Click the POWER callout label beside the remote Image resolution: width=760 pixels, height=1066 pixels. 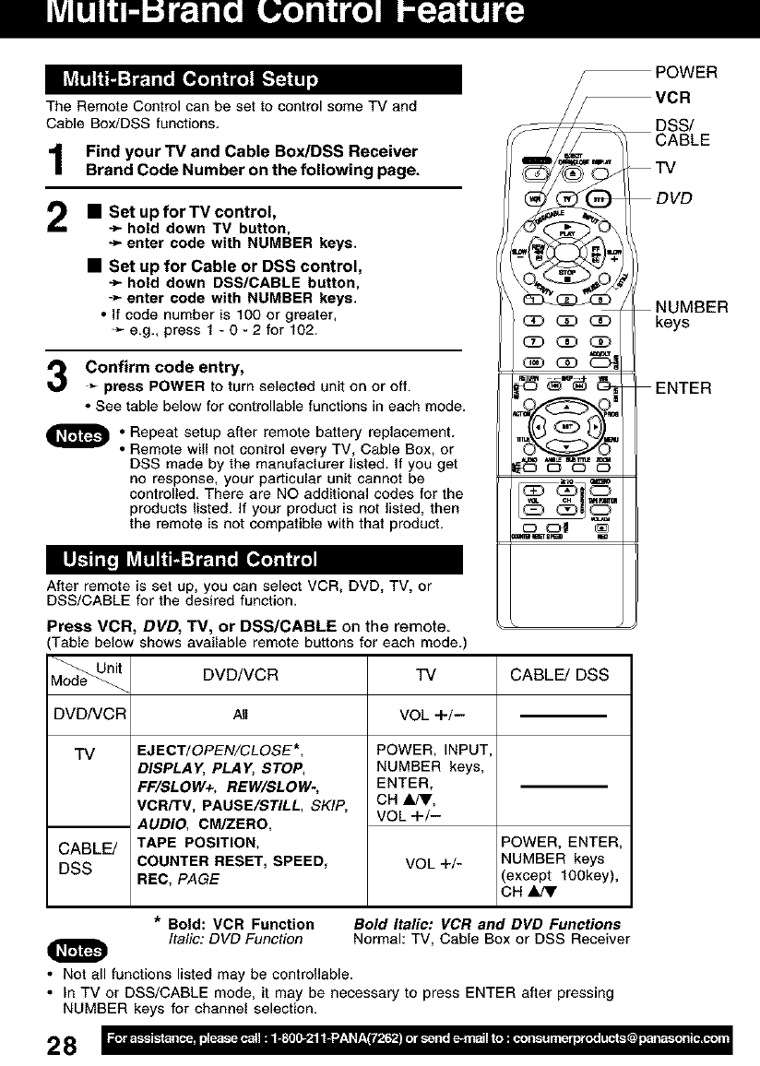click(686, 73)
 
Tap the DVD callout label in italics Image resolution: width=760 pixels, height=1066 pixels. click(673, 197)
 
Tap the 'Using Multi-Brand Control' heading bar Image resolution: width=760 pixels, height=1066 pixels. click(254, 561)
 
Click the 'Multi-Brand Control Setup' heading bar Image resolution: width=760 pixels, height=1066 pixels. click(254, 77)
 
